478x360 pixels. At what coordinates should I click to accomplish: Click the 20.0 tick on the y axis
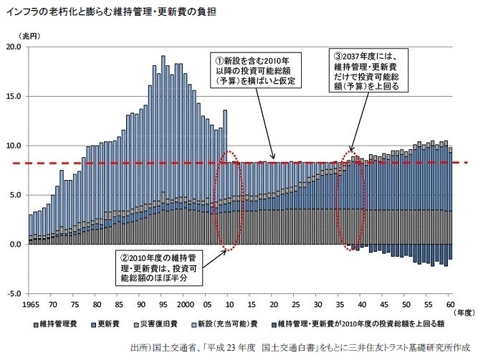pos(14,47)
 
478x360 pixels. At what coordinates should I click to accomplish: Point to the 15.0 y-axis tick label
pos(14,96)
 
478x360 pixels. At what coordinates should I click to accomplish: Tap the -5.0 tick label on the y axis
pos(14,294)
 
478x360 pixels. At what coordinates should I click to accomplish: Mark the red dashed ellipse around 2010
pos(230,200)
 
